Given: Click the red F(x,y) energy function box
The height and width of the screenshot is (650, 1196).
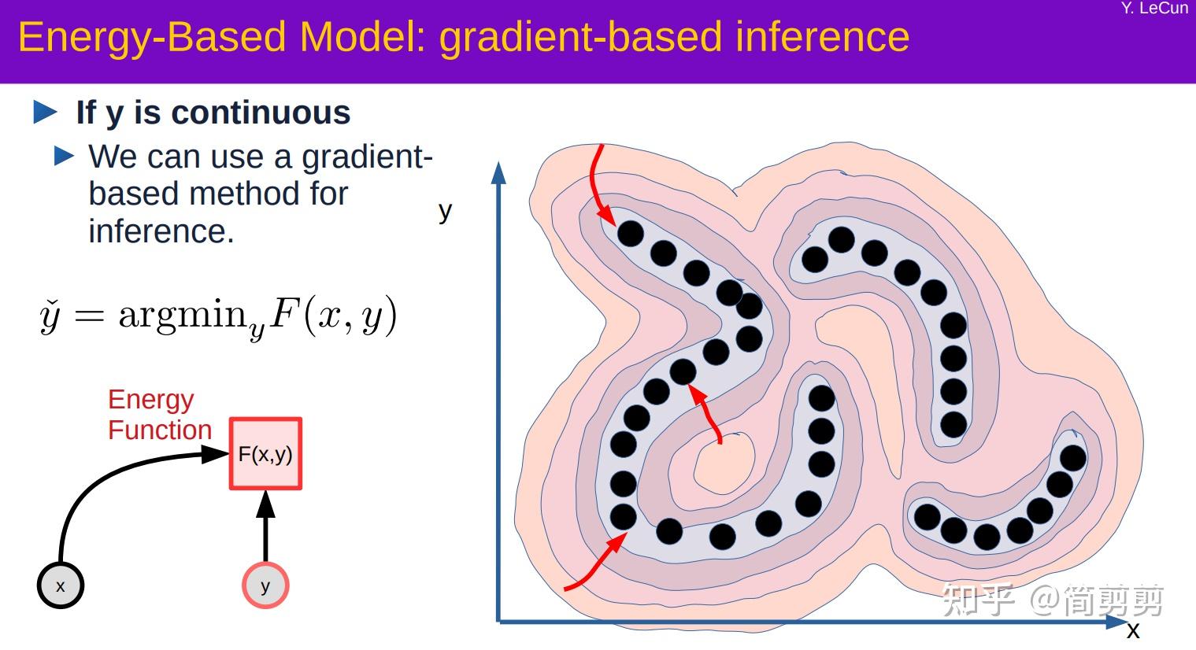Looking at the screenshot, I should [x=265, y=454].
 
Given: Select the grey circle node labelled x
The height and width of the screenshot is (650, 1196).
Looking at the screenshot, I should [x=61, y=585].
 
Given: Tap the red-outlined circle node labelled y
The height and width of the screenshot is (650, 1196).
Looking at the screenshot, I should [x=265, y=585].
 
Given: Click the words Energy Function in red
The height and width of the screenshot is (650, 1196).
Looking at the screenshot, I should [x=160, y=415].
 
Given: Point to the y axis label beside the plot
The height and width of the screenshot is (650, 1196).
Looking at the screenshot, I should [x=445, y=211].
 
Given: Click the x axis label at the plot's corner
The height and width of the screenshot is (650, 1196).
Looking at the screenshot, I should [x=1133, y=630].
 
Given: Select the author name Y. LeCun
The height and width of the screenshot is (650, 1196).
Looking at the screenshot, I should [x=1154, y=9].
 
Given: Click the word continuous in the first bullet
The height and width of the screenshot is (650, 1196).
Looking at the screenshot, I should [x=261, y=113].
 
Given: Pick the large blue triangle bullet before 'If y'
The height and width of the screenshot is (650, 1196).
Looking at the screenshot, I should [x=46, y=113].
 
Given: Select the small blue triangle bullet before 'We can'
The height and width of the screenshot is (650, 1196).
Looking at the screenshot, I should [x=65, y=156].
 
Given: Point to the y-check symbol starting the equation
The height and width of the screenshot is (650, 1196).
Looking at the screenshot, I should [x=50, y=316].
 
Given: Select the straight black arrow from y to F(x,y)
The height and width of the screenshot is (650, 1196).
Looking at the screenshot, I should [x=266, y=527].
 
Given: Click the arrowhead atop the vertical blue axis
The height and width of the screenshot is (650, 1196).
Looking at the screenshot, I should [x=498, y=172].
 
